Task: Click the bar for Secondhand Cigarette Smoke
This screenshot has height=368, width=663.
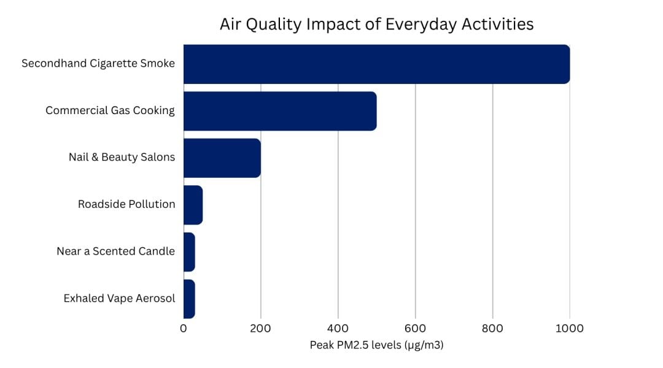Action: tap(376, 64)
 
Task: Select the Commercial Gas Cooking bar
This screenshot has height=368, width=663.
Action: tap(280, 111)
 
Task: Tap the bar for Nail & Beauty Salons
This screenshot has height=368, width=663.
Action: tap(222, 158)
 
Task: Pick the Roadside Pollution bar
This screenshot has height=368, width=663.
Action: tap(193, 205)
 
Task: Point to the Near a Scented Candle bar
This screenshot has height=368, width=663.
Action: tap(189, 251)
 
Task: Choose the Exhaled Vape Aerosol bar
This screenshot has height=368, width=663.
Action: tap(189, 299)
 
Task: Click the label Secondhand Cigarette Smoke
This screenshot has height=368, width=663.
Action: tap(98, 64)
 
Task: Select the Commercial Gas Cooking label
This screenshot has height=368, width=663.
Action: tap(110, 111)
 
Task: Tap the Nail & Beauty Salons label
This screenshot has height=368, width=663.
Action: tap(122, 158)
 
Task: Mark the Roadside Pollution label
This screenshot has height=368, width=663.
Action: tap(126, 204)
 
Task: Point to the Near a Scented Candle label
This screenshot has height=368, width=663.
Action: tap(115, 251)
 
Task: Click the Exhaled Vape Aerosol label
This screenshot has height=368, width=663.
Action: tap(119, 299)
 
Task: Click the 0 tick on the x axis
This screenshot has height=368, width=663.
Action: tap(184, 329)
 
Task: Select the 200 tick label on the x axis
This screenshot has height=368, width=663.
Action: tap(260, 329)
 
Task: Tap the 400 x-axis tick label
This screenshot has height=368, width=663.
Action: tap(338, 329)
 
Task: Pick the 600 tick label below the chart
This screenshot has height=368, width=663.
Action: tap(415, 329)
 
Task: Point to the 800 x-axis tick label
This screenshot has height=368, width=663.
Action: tap(492, 329)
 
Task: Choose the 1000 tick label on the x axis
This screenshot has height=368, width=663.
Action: tap(569, 329)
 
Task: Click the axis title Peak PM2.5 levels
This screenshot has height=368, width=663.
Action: tap(376, 345)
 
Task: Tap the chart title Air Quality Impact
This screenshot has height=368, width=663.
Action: tap(376, 25)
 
